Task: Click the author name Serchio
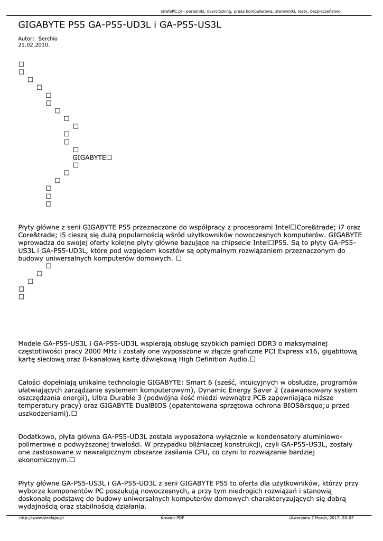coord(48,39)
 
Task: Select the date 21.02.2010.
coord(34,45)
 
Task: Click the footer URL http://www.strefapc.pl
coord(41,518)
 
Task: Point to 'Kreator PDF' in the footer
coord(172,518)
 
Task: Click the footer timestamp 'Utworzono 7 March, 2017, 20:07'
coord(321,518)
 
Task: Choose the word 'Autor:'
coord(26,39)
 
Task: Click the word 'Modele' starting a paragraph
coord(30,342)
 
